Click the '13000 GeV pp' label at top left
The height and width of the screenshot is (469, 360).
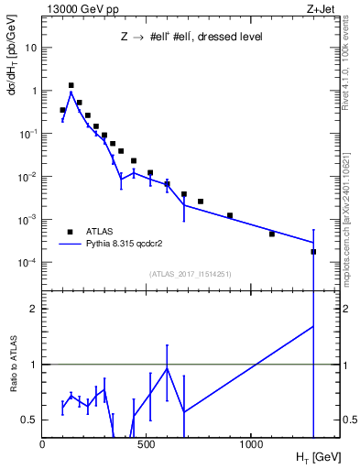(76, 8)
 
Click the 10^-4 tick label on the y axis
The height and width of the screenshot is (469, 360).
(27, 263)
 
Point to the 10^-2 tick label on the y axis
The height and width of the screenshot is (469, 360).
(27, 177)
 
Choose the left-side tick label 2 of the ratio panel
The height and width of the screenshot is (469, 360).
(33, 309)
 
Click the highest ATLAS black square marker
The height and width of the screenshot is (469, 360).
(71, 85)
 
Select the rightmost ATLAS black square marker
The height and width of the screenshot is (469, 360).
(313, 251)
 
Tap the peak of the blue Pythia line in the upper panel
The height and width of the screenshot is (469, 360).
(71, 93)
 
